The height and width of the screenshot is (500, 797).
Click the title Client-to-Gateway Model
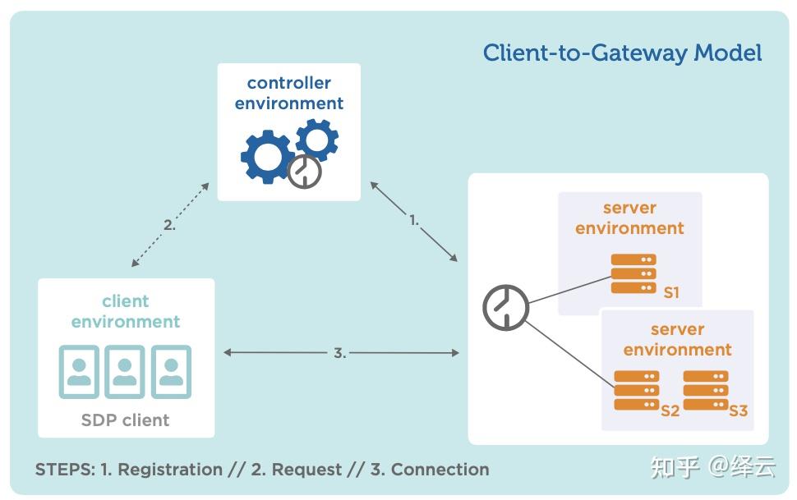tap(622, 53)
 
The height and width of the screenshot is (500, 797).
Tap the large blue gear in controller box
tap(267, 156)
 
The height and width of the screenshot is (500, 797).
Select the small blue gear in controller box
tap(316, 139)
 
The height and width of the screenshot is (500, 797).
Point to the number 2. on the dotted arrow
tap(168, 224)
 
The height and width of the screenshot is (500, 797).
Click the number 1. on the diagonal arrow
tap(414, 220)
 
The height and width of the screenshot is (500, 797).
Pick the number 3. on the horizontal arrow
tap(339, 353)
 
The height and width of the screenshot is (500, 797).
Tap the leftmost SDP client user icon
tap(79, 371)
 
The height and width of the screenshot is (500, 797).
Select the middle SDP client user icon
tap(125, 371)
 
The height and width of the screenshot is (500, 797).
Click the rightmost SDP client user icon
tap(171, 371)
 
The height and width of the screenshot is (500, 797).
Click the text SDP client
tap(125, 420)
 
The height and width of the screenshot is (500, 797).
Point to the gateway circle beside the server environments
tap(504, 308)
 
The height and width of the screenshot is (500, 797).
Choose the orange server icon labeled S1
tap(633, 273)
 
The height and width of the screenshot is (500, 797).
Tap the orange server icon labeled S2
tap(637, 391)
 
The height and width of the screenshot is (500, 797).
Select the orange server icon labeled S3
tap(705, 391)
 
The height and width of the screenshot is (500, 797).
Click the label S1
tap(671, 292)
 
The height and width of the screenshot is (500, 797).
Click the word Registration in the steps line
tap(170, 470)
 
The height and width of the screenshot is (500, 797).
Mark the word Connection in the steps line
tap(440, 470)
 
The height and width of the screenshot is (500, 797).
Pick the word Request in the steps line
tap(306, 470)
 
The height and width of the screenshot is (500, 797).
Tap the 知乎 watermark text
tap(675, 466)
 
